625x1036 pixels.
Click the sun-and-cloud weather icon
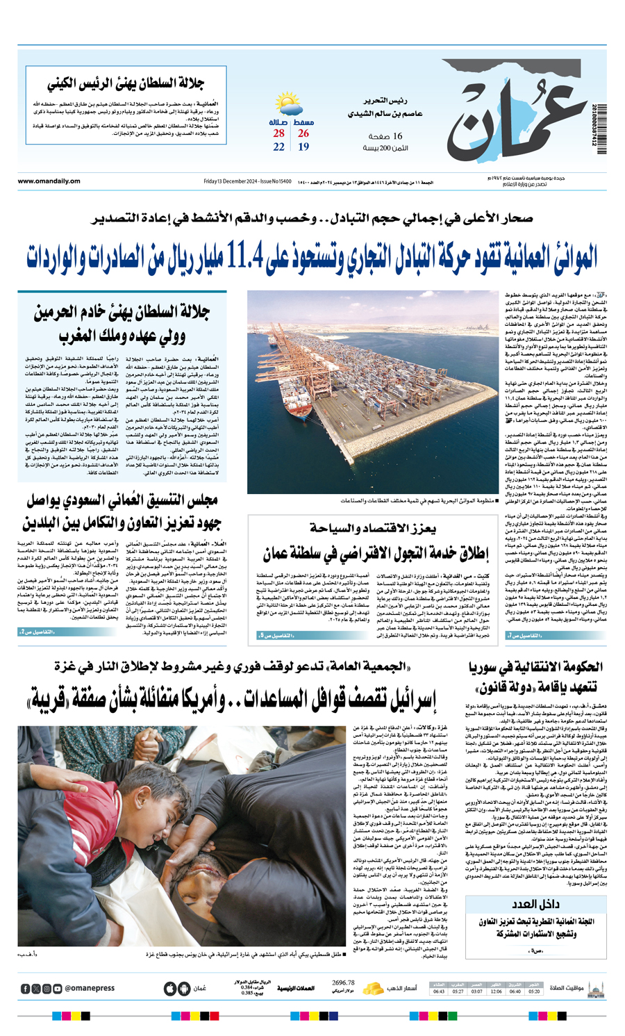(x=287, y=106)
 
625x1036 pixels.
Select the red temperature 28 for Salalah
(x=278, y=133)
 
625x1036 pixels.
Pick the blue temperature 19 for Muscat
(x=303, y=147)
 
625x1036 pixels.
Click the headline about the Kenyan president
(x=126, y=84)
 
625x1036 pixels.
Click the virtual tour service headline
(x=376, y=554)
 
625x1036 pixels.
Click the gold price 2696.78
(x=343, y=983)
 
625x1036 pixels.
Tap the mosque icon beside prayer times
(x=595, y=988)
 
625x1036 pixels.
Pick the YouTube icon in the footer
(x=58, y=989)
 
